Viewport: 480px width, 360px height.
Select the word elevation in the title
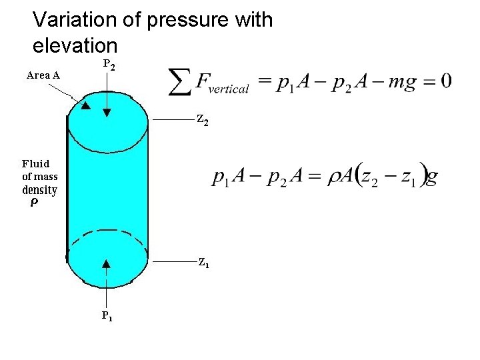pos(75,46)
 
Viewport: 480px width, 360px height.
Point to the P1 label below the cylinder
pos(107,315)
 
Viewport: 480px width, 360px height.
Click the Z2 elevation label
pos(203,120)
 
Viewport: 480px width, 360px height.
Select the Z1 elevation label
pos(203,263)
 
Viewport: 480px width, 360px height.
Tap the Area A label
pos(43,75)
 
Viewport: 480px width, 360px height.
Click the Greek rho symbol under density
pos(35,204)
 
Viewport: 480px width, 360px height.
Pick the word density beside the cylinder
pos(40,190)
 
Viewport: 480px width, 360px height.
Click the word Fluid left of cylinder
pos(35,163)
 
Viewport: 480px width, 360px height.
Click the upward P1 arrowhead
pos(106,265)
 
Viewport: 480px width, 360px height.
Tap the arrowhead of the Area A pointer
pos(85,105)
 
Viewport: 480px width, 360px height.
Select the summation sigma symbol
pos(179,82)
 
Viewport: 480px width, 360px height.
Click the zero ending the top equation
pos(445,81)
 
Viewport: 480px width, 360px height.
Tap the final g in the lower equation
pos(432,178)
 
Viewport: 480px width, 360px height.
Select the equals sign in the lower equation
pos(314,177)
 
